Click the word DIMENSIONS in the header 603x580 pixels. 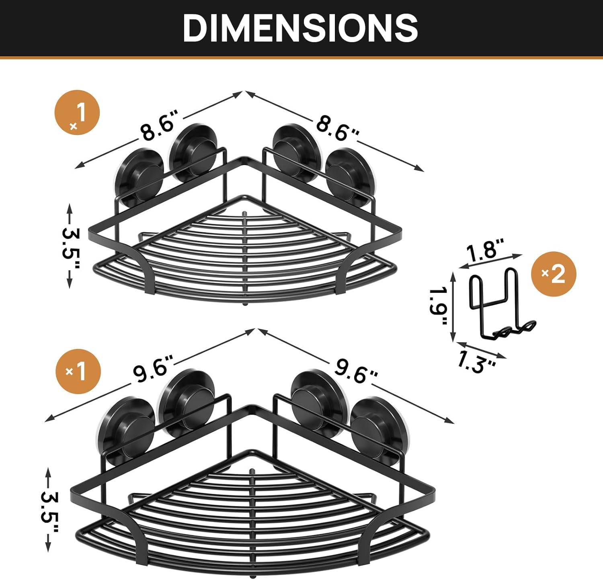pos(301,28)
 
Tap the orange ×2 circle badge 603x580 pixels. pos(554,274)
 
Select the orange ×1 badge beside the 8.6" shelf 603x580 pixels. pos(77,112)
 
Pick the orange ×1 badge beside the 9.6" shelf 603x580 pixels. pos(78,372)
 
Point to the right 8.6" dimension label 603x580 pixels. pos(337,128)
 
